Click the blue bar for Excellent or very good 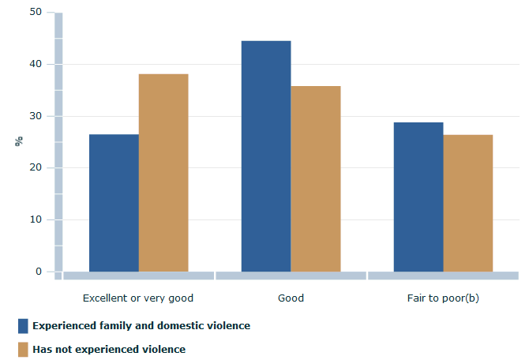point(114,203)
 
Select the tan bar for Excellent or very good point(163,173)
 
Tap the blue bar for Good point(266,156)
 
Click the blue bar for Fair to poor point(418,197)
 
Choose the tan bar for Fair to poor point(468,203)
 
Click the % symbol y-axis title point(18,141)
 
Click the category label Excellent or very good point(138,298)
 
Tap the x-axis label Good point(291,298)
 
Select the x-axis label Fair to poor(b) point(443,298)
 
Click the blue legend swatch point(23,325)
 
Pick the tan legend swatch point(23,349)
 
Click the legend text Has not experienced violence point(109,349)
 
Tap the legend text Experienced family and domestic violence point(141,325)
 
